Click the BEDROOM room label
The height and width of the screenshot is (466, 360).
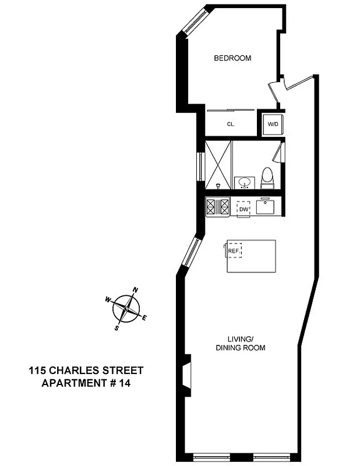(232, 58)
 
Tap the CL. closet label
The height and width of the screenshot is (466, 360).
(230, 124)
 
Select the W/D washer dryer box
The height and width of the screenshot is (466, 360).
(271, 124)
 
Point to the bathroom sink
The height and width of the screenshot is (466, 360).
(245, 183)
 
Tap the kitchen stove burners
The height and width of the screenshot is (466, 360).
(217, 207)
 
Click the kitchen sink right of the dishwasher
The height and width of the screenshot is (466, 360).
(268, 206)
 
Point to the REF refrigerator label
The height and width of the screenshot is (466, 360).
(234, 251)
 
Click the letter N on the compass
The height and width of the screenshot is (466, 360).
(136, 290)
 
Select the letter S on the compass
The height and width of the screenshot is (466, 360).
(117, 328)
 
